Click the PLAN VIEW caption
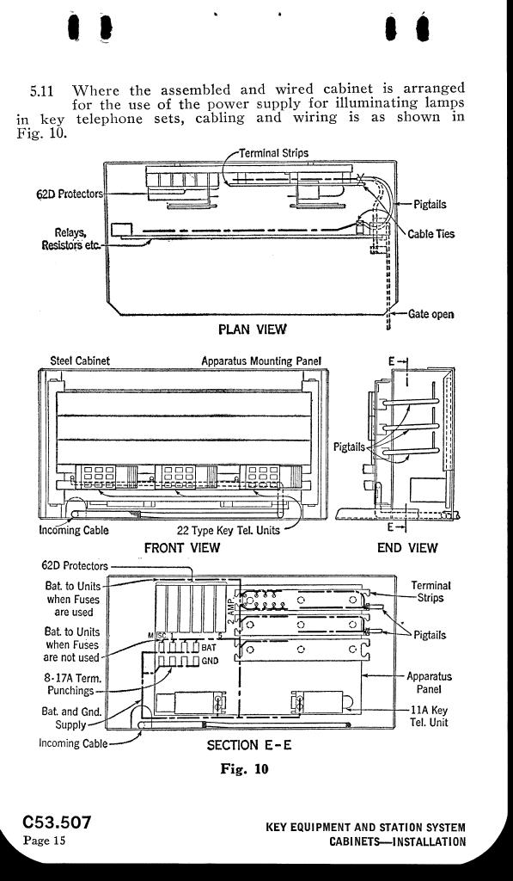(x=252, y=329)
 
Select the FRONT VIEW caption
(x=182, y=547)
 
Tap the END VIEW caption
(x=407, y=547)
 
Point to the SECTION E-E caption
(x=249, y=745)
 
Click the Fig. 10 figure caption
(x=244, y=769)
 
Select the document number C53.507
(x=57, y=822)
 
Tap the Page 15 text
(x=45, y=841)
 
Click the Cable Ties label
(x=431, y=233)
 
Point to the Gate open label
(x=431, y=314)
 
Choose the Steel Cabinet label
(x=80, y=360)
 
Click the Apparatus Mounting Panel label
(x=261, y=360)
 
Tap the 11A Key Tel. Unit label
(x=430, y=716)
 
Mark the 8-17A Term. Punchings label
(x=70, y=684)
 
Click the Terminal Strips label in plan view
(x=274, y=153)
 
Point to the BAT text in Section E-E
(x=209, y=648)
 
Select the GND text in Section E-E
(x=210, y=660)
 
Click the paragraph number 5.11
(x=41, y=91)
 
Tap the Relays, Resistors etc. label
(x=71, y=239)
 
